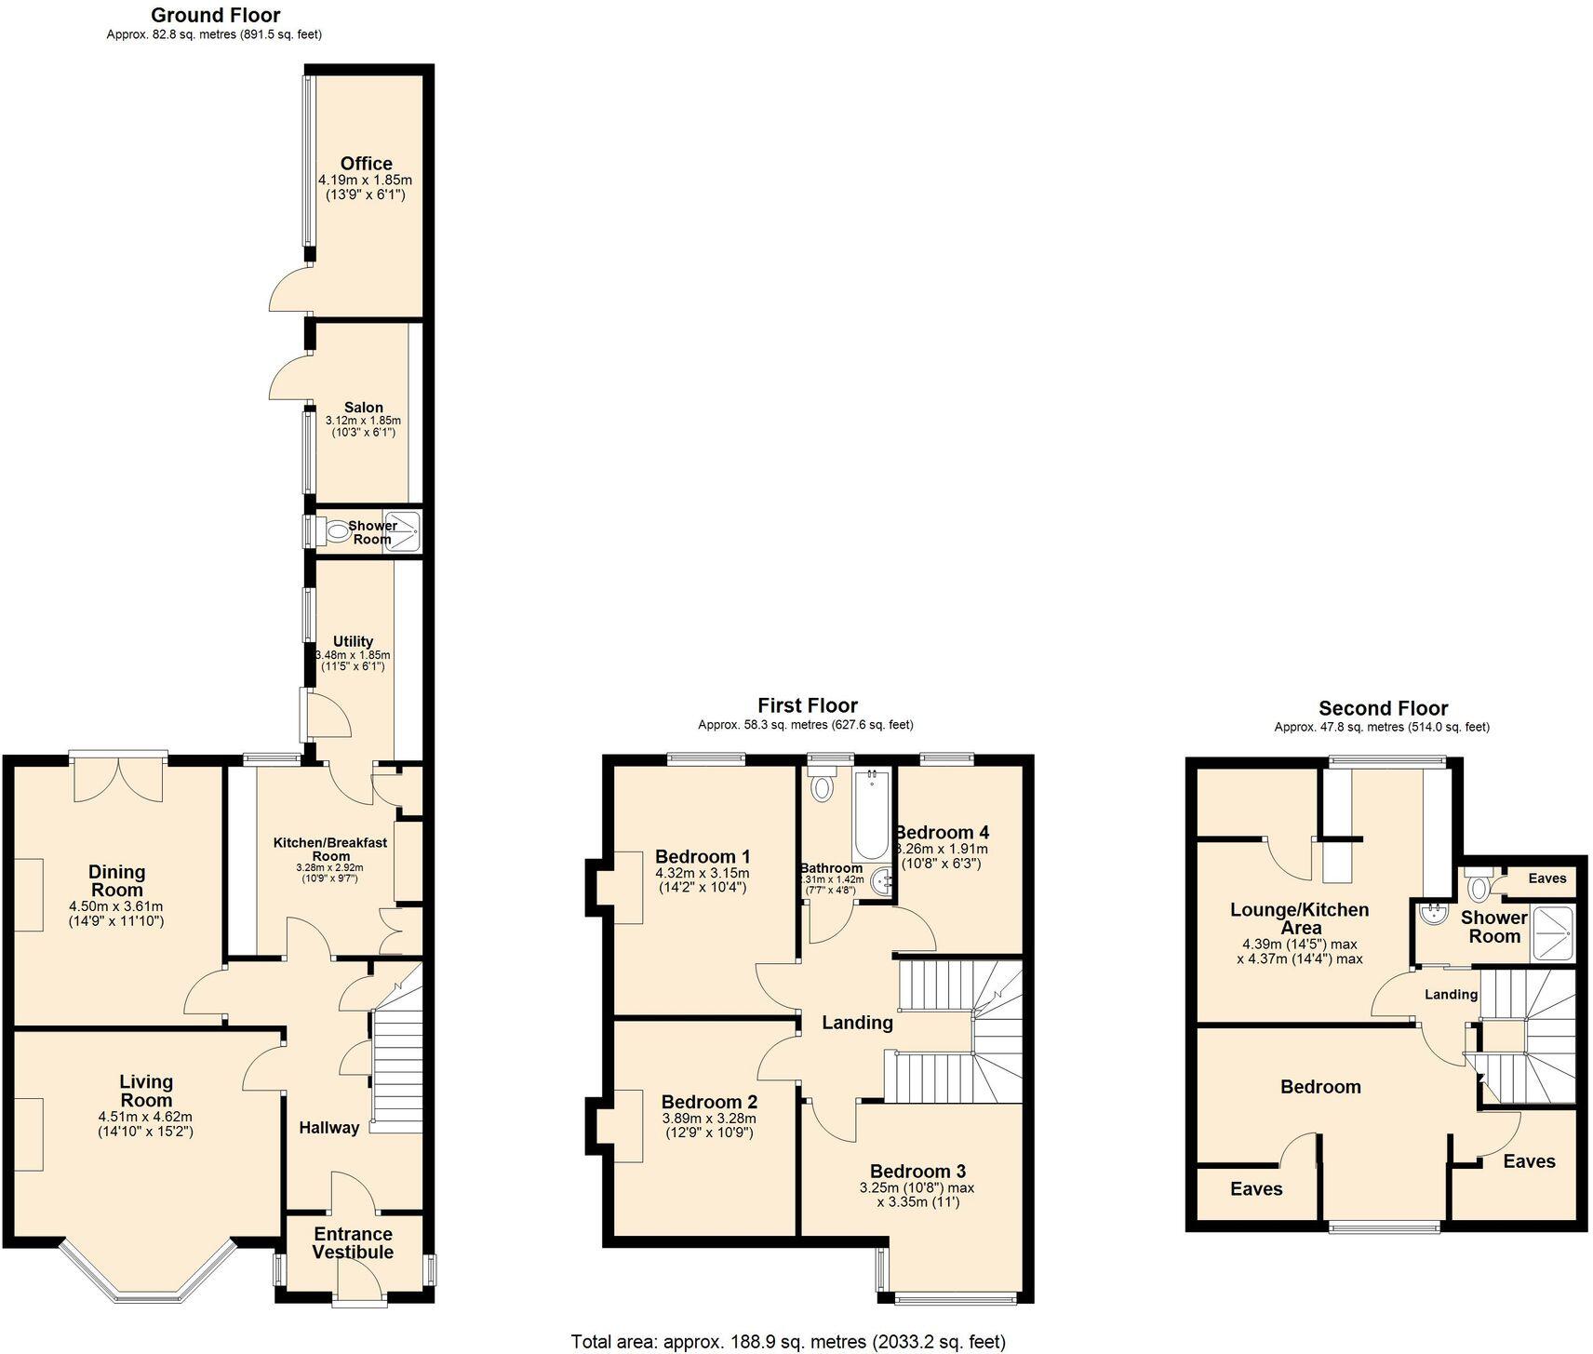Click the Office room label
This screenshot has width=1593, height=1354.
click(x=366, y=164)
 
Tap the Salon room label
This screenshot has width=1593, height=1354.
click(x=363, y=408)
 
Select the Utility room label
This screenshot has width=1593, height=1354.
click(x=353, y=641)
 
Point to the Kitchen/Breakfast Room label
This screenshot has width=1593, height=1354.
click(x=329, y=849)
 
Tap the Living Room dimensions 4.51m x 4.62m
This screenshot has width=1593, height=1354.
click(x=145, y=1117)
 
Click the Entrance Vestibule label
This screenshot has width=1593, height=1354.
click(x=353, y=1243)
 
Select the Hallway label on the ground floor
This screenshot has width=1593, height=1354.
click(x=328, y=1128)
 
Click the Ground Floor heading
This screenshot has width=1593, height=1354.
click(x=215, y=15)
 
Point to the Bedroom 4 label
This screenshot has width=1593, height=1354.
click(x=942, y=832)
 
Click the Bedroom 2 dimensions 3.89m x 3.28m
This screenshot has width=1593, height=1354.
click(x=709, y=1119)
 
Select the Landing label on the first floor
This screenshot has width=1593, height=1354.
click(x=857, y=1023)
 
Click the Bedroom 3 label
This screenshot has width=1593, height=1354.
click(x=917, y=1172)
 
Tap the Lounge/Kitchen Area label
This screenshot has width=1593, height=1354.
click(x=1299, y=918)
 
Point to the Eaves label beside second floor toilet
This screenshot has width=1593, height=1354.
click(x=1547, y=878)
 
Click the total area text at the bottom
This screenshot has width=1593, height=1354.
click(x=788, y=1342)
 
